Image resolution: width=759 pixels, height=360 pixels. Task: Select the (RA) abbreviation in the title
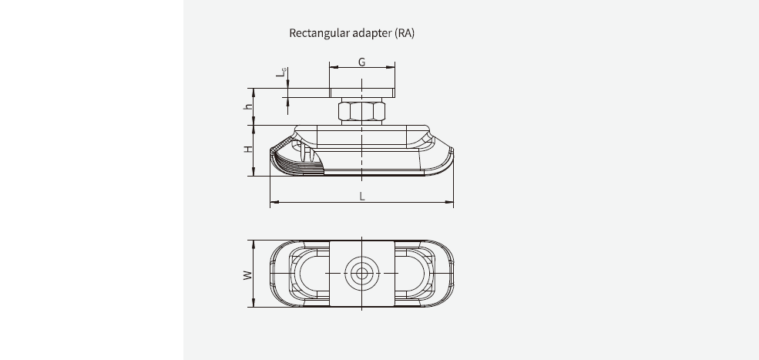(404, 33)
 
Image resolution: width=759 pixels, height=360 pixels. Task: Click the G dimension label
(361, 61)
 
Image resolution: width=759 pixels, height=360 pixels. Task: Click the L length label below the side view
(361, 197)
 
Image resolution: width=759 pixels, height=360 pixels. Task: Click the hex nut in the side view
(361, 112)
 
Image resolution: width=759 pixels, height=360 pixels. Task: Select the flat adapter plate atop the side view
(361, 93)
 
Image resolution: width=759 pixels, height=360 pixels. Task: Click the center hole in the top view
(361, 273)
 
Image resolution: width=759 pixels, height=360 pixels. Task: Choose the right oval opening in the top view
(413, 273)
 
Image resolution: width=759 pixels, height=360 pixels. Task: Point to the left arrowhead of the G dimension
(332, 68)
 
